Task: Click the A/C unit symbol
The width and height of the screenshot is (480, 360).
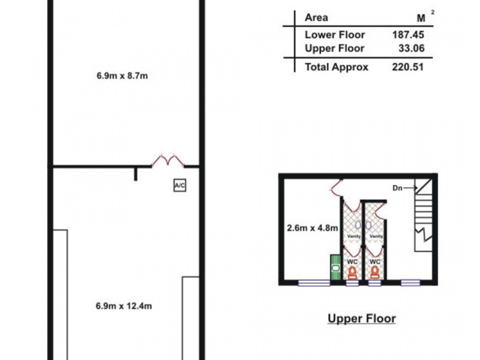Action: (x=179, y=185)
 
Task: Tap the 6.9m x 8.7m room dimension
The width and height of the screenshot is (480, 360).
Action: (x=122, y=76)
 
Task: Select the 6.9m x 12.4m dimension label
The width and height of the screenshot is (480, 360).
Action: (x=124, y=305)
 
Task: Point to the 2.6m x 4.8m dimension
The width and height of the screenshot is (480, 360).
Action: (x=311, y=227)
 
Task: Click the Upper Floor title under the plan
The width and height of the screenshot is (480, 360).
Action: (x=361, y=318)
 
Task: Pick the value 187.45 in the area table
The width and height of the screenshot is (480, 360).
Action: (x=408, y=35)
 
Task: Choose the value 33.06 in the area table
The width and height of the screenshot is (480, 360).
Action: (x=411, y=49)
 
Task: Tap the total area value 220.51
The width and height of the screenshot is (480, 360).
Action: (x=408, y=67)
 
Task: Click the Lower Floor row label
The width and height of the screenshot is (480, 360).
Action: (x=335, y=35)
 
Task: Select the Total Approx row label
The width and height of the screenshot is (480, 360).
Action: (x=337, y=67)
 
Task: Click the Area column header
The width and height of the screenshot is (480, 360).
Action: (x=316, y=17)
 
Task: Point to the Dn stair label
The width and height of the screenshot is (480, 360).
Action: (x=397, y=188)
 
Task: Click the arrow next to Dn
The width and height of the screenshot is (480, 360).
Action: (x=409, y=188)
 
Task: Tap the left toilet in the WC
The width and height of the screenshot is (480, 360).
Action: (x=352, y=272)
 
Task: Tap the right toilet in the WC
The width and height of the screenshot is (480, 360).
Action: (x=375, y=272)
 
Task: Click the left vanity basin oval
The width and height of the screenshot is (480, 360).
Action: (x=358, y=225)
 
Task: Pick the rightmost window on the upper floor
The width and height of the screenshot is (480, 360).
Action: (x=410, y=283)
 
